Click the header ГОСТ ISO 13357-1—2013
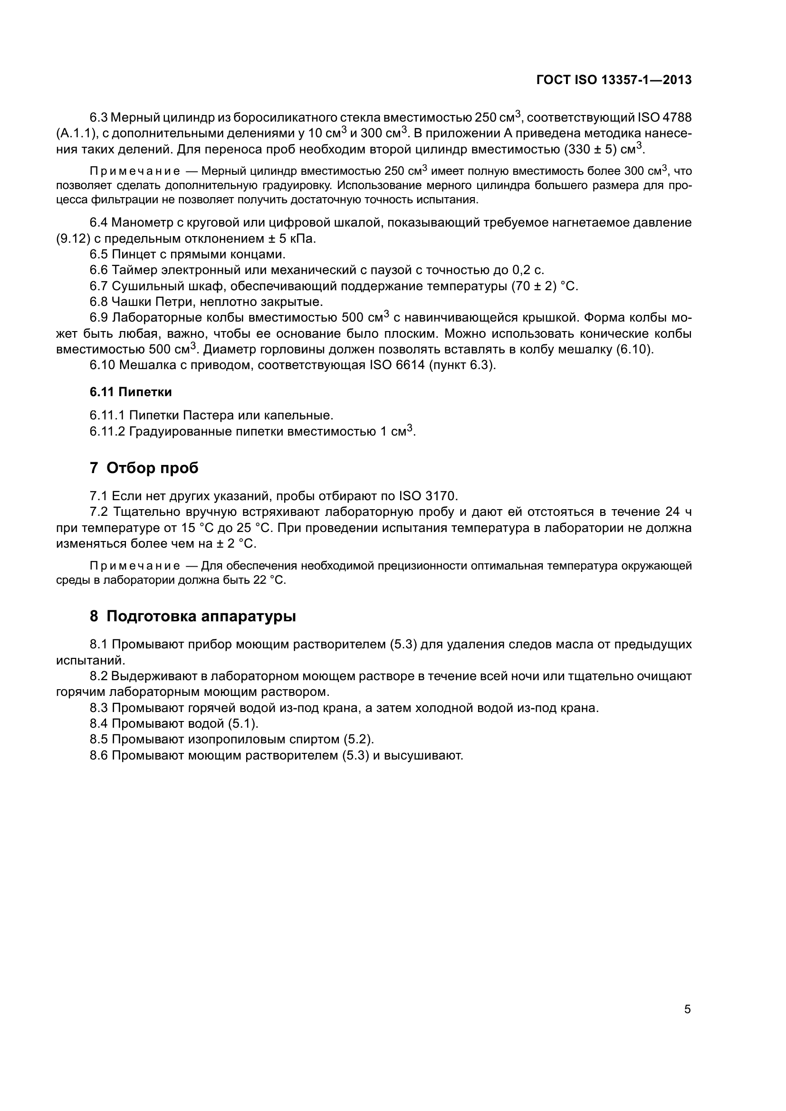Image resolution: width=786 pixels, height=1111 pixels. [613, 80]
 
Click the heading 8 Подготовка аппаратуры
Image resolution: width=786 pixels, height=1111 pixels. [192, 617]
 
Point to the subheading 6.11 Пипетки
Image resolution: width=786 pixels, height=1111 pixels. [131, 392]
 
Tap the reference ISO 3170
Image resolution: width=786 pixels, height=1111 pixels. [427, 496]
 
